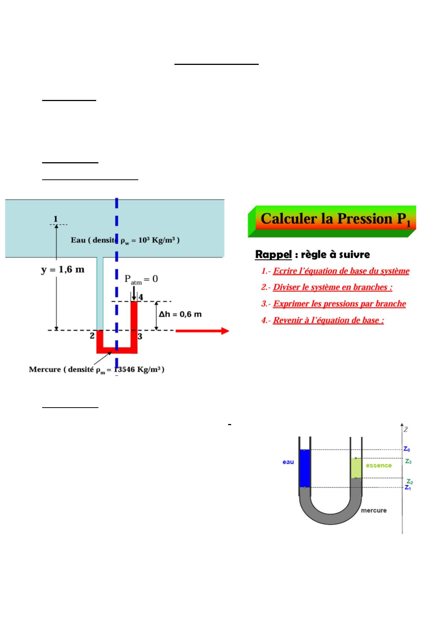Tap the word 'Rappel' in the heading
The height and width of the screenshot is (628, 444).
[x=273, y=255]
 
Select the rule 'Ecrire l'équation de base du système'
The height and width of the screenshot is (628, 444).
[x=341, y=271]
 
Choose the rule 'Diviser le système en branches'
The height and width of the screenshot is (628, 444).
[x=332, y=288]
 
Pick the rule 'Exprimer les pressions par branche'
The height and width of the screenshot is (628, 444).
[x=339, y=304]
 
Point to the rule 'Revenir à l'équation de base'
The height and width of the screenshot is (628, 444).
[x=328, y=320]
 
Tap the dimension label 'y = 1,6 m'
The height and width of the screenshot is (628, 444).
[x=63, y=269]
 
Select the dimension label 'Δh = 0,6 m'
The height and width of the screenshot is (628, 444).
[x=180, y=314]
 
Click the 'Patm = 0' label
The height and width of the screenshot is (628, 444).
[x=141, y=279]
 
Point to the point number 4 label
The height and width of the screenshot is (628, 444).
[x=141, y=297]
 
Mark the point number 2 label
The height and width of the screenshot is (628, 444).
[x=92, y=336]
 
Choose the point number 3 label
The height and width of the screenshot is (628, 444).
[x=140, y=336]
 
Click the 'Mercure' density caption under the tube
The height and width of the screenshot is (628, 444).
[x=97, y=370]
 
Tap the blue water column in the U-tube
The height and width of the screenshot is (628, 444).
[x=305, y=468]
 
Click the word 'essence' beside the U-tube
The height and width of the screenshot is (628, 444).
[x=379, y=465]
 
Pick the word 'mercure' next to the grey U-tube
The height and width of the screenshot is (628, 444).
[x=374, y=510]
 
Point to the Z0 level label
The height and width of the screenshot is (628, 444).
[x=407, y=450]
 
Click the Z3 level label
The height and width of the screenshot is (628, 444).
[x=409, y=461]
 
